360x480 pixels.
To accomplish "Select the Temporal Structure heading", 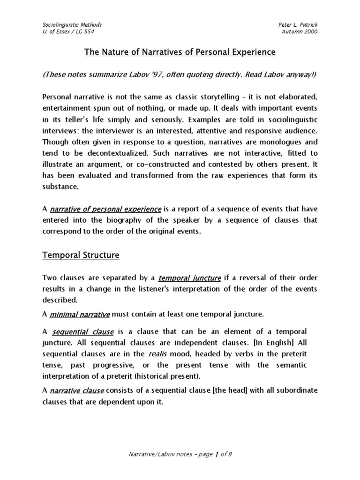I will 81,255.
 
